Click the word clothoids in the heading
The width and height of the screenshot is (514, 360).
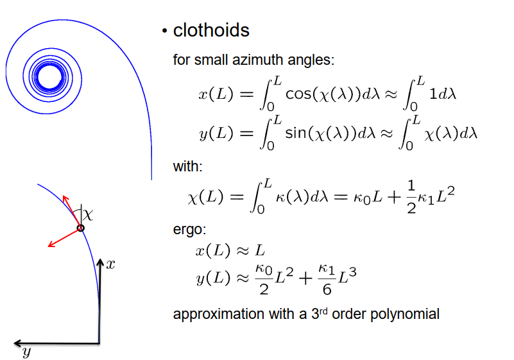click(x=211, y=30)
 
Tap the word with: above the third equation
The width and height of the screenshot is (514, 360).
click(x=187, y=167)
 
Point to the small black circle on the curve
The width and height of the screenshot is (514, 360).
click(x=81, y=228)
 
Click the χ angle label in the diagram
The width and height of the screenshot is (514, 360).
click(x=88, y=215)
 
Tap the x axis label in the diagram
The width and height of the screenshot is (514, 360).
click(x=111, y=264)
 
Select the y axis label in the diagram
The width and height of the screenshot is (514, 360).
click(x=26, y=352)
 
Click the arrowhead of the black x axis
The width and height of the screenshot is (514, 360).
click(x=99, y=262)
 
